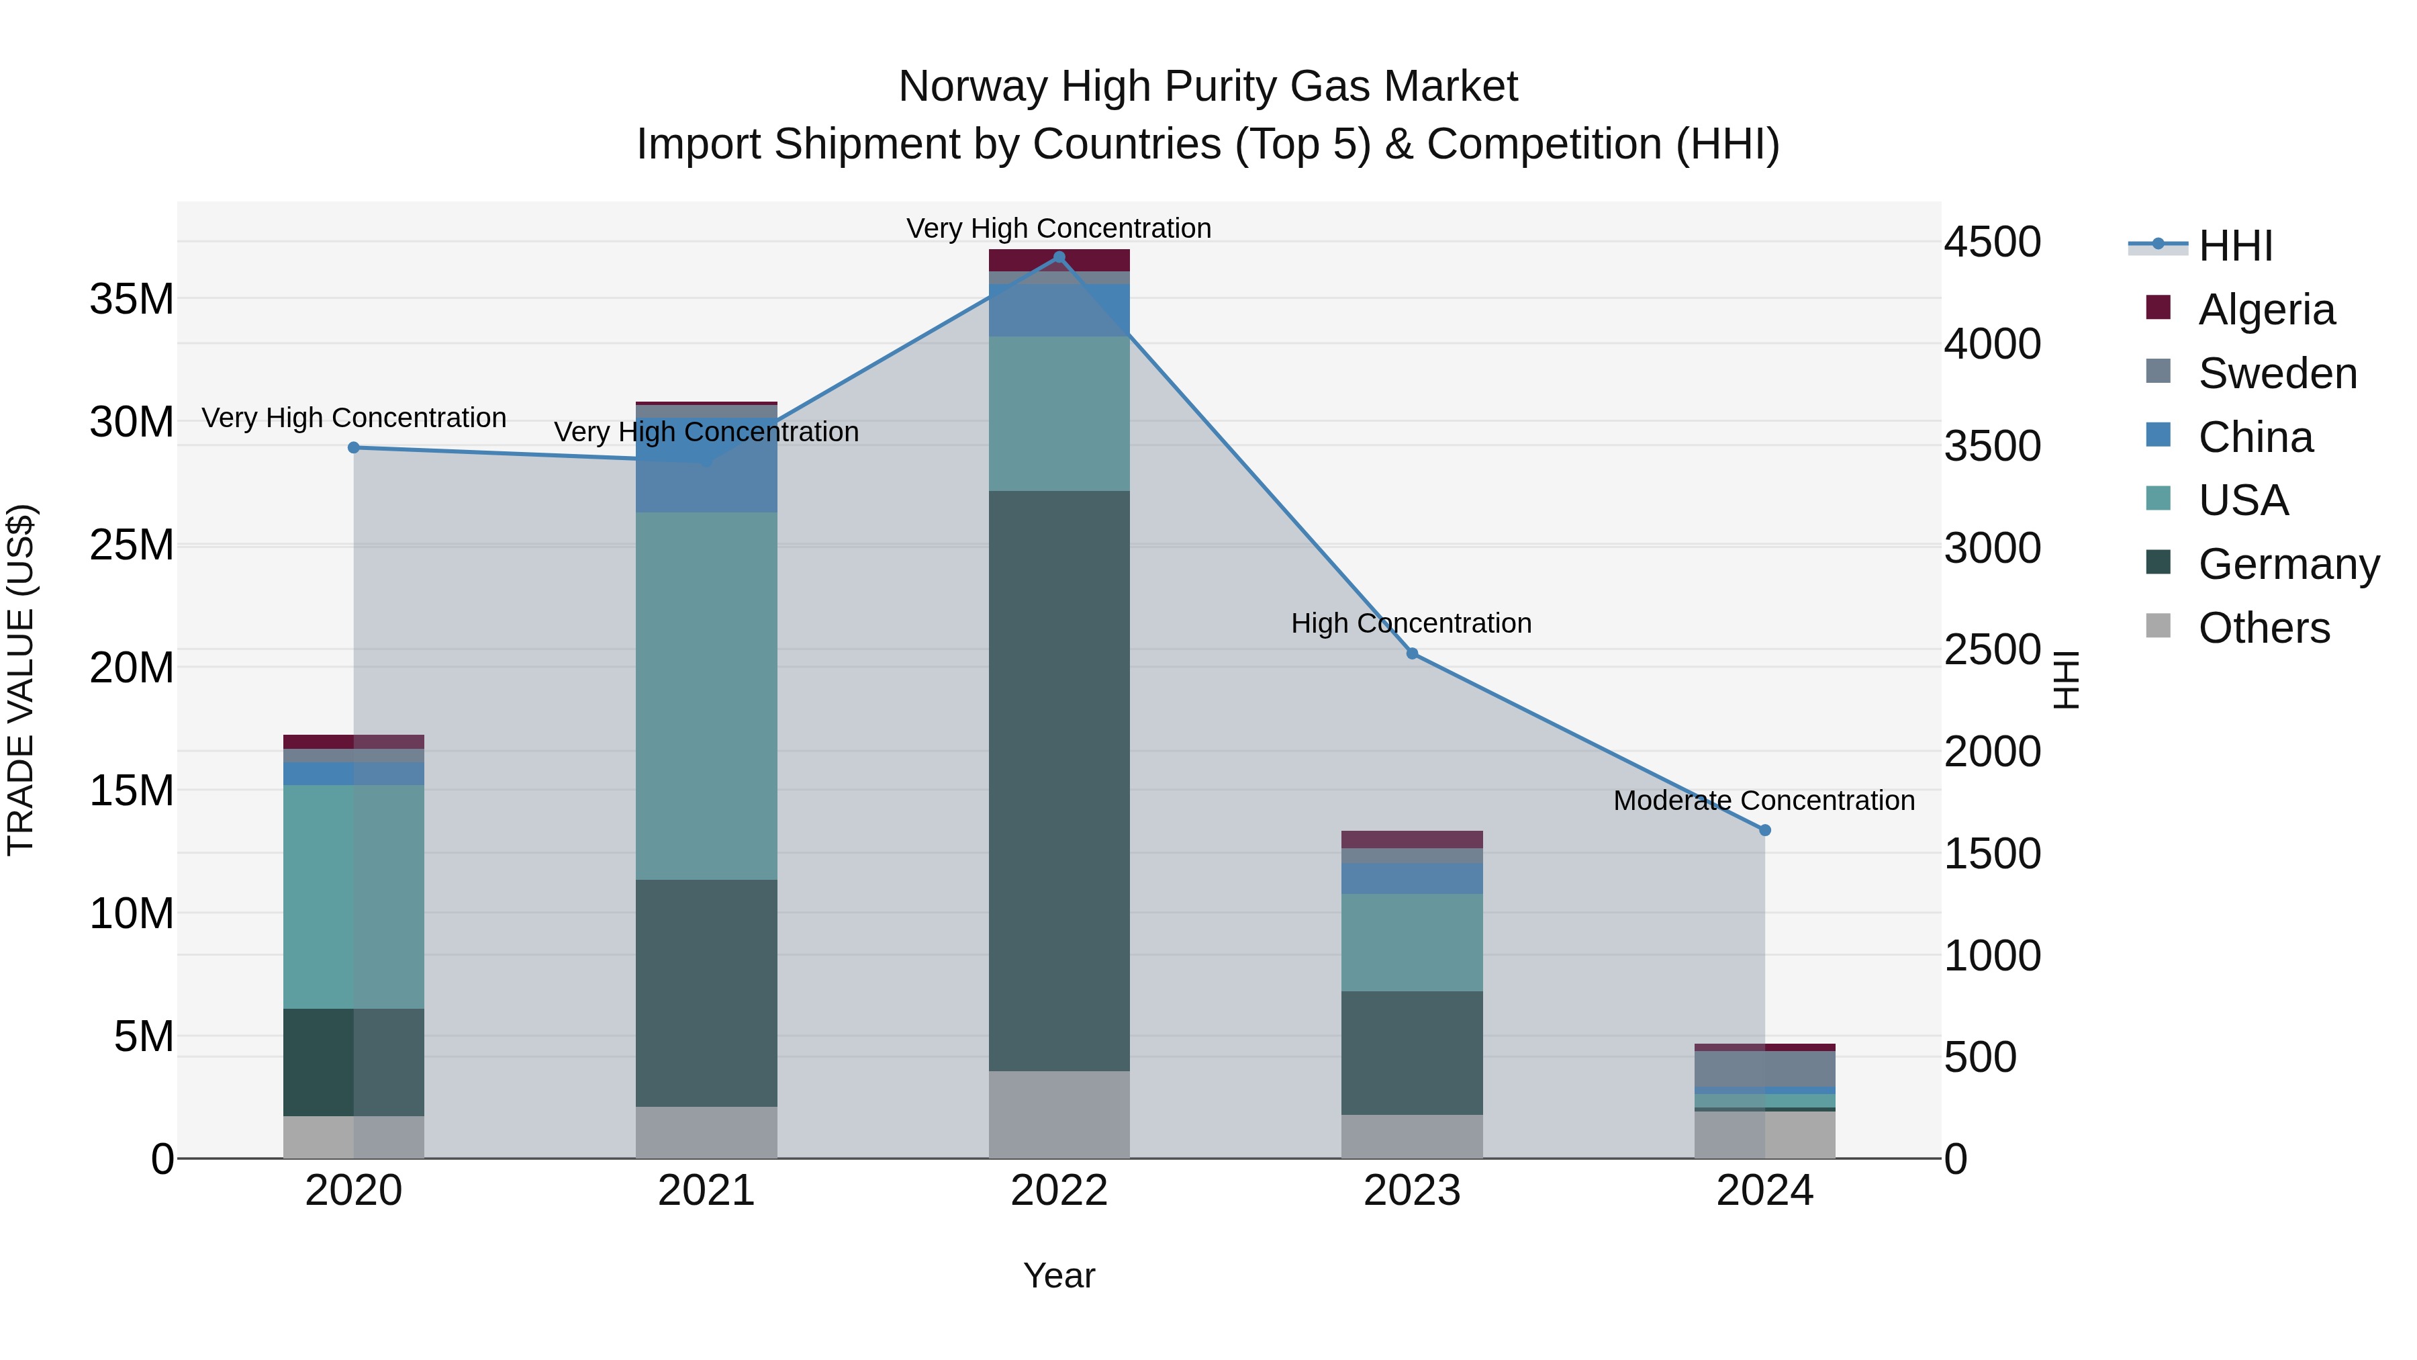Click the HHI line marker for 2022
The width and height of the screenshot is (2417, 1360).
click(1059, 257)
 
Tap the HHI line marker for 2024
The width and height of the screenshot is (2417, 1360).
click(1765, 829)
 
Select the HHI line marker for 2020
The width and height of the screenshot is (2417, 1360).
click(354, 448)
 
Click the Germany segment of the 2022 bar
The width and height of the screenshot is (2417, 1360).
click(1059, 779)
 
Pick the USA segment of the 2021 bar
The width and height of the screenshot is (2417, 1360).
click(706, 694)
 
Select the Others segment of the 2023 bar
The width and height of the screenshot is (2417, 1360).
click(1412, 1136)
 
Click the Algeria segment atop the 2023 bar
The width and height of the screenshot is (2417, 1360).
click(1412, 839)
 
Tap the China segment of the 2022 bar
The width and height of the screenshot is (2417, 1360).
click(1059, 310)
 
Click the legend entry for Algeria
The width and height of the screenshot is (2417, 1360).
click(2266, 310)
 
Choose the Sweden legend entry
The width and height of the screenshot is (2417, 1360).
click(2277, 373)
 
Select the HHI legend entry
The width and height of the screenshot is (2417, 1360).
click(2235, 246)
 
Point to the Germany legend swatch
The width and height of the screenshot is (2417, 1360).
click(2158, 562)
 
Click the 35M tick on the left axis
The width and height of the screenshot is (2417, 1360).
click(132, 300)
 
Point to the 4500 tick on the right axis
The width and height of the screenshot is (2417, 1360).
click(1992, 242)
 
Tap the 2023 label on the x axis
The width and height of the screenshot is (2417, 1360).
click(1412, 1191)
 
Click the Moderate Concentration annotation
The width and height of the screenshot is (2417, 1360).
click(1764, 801)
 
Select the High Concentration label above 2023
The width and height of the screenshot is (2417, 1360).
click(1411, 623)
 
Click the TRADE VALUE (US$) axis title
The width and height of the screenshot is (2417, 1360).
click(21, 678)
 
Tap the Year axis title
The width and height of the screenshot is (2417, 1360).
click(1059, 1275)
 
